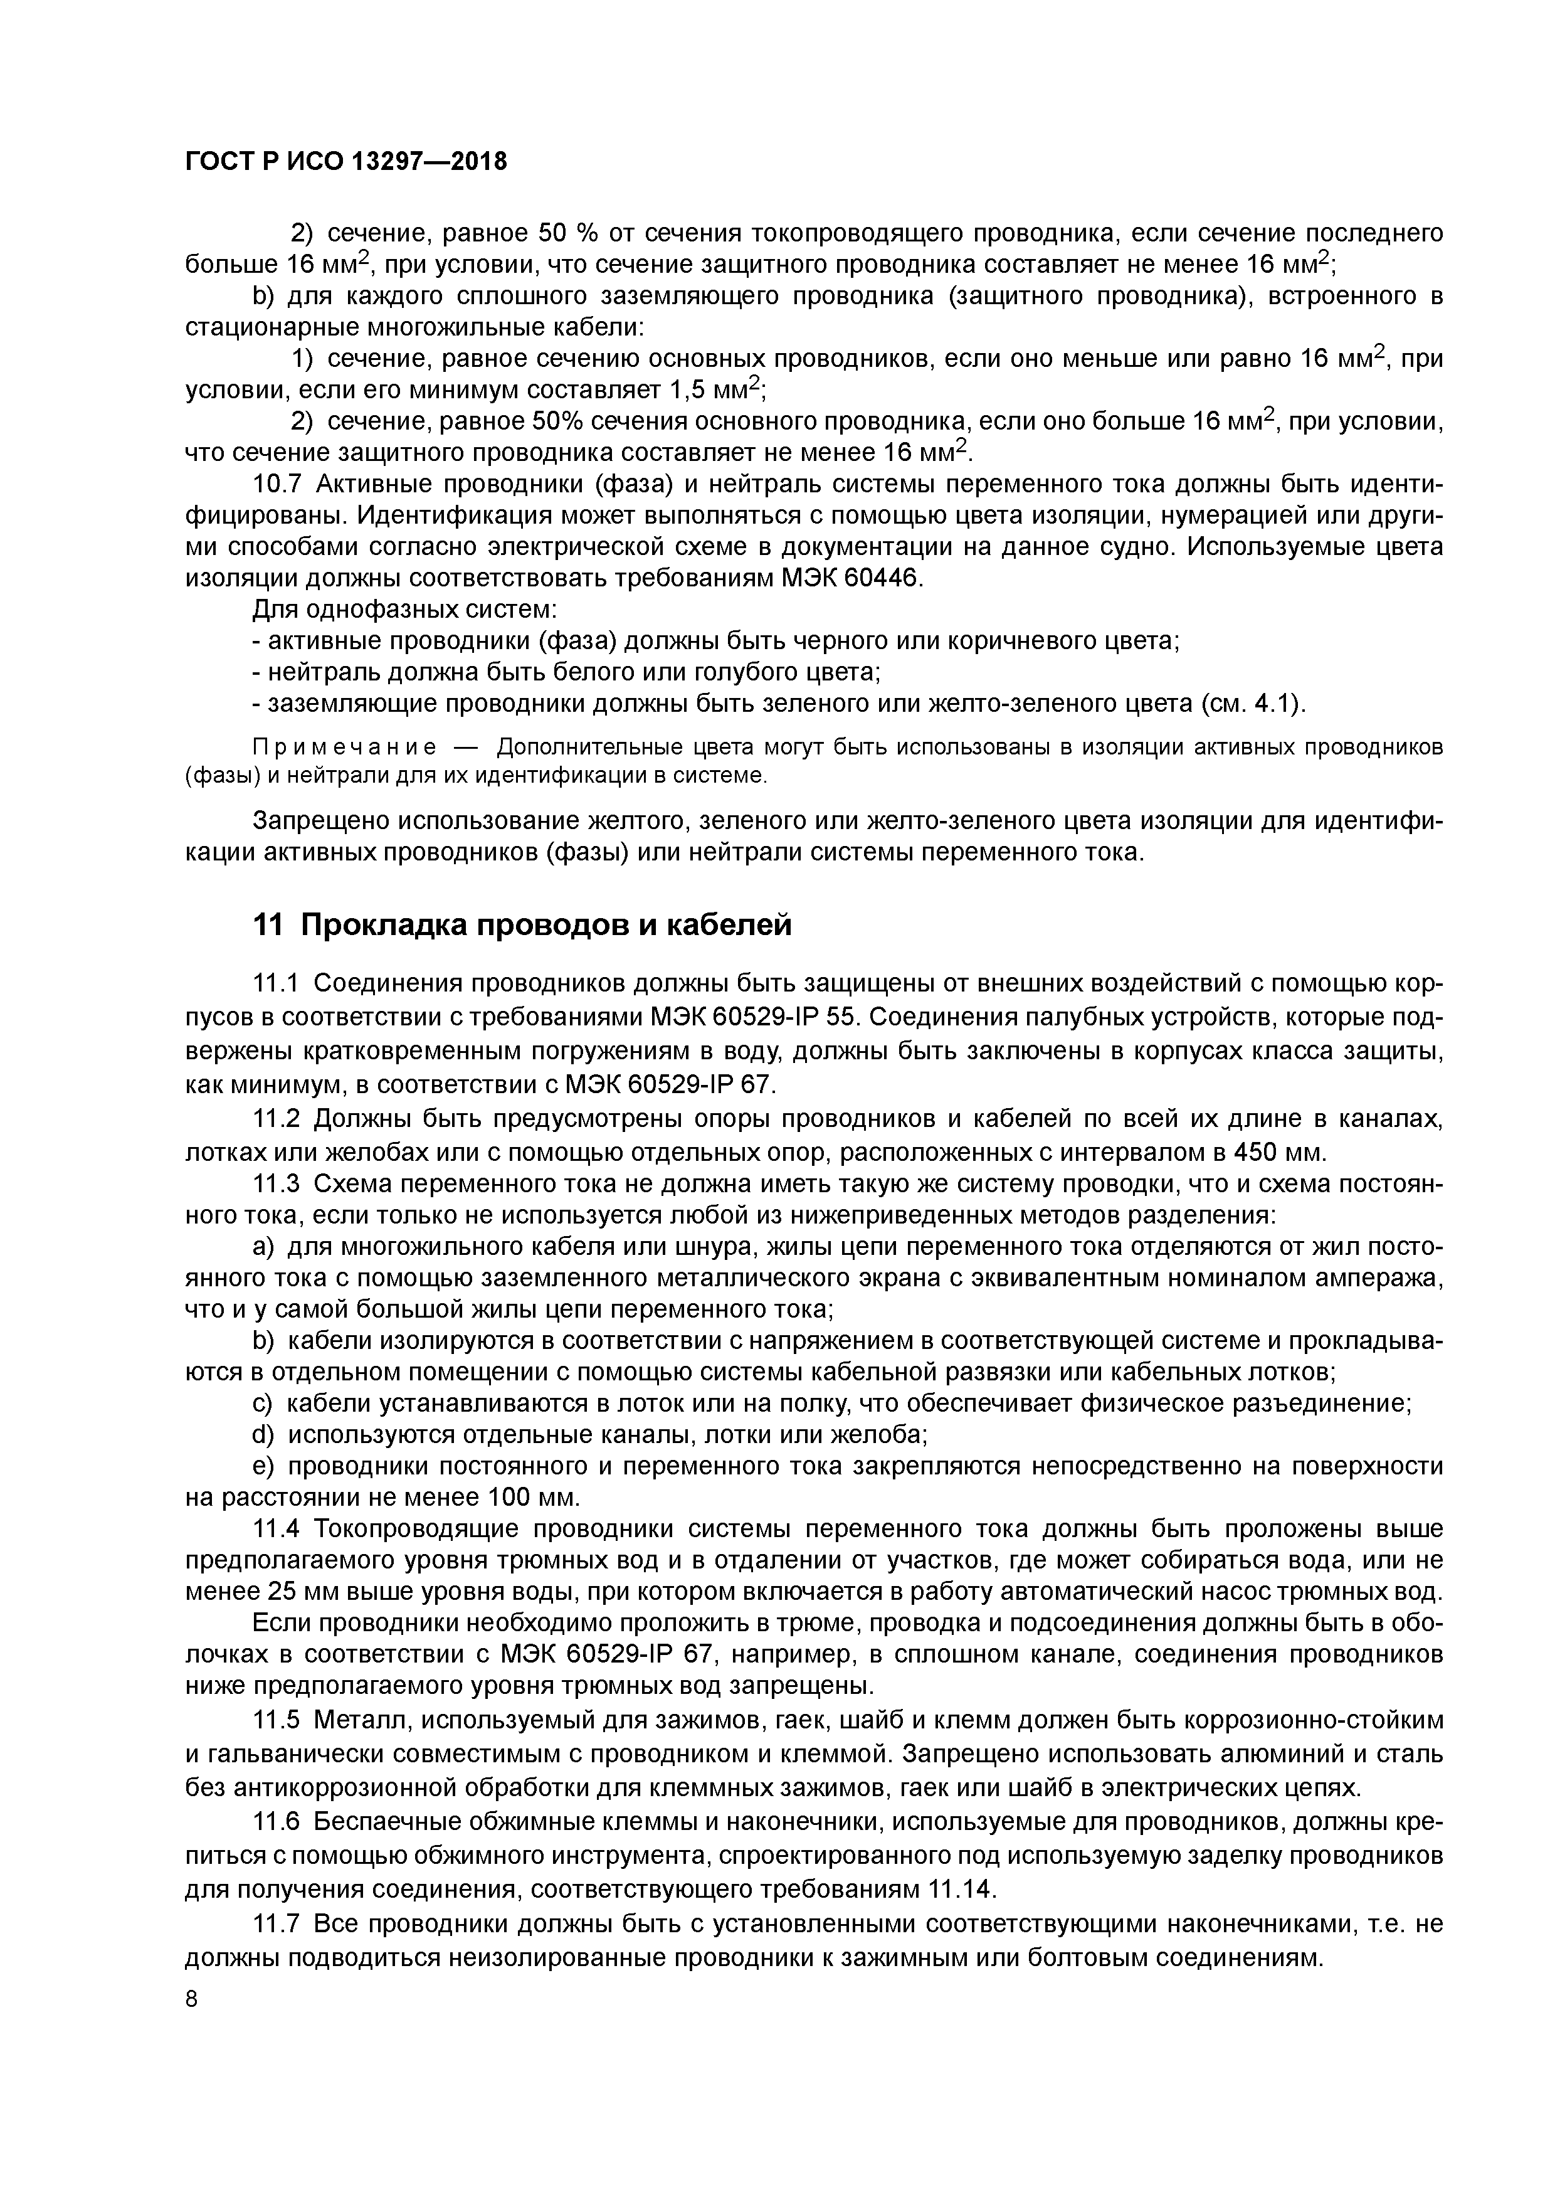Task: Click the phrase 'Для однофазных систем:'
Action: coord(404,610)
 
